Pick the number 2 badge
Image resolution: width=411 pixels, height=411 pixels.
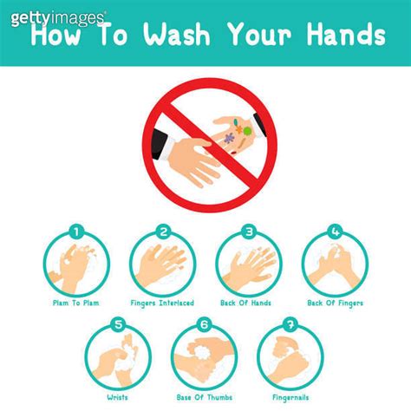tap(163, 232)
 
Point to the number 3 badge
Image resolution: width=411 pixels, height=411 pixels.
tap(249, 232)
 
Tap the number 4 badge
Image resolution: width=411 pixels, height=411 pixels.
tap(335, 232)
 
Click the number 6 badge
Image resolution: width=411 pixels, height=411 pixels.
tap(205, 326)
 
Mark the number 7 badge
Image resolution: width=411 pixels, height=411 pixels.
tap(290, 326)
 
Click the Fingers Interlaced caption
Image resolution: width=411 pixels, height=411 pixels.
tap(163, 303)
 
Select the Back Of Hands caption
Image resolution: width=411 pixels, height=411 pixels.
tap(249, 303)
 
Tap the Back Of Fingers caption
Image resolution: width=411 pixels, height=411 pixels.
tap(334, 303)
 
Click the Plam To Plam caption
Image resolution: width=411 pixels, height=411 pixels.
tap(76, 303)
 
